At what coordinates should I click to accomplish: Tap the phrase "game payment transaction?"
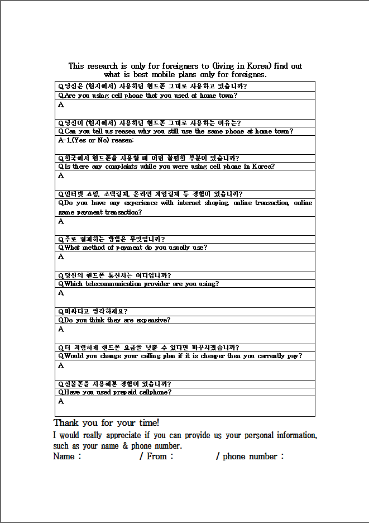tap(100, 212)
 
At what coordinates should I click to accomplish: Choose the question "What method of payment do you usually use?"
tap(133, 248)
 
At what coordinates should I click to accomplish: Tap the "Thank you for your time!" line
tap(107, 423)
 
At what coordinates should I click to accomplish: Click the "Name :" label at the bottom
tap(67, 457)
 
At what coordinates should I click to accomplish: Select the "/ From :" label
tap(156, 457)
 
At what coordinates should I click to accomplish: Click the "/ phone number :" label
tap(250, 457)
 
